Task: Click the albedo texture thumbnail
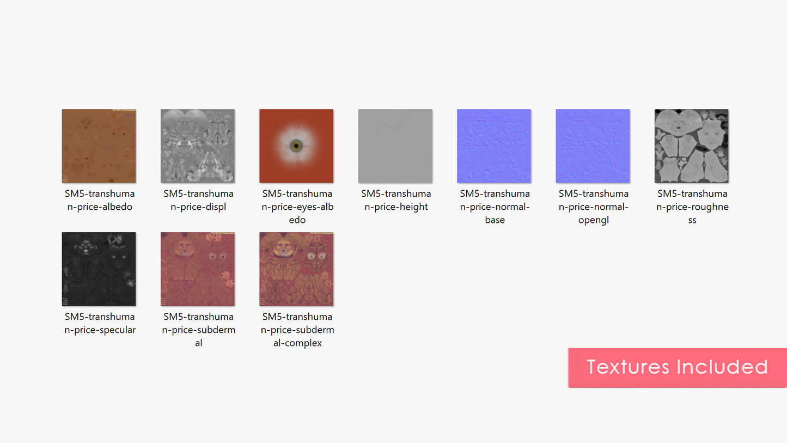[x=99, y=146]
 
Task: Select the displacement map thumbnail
[x=198, y=146]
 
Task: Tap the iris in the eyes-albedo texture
[x=296, y=145]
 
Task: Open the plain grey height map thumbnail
[x=395, y=146]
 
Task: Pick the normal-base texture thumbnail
[x=494, y=146]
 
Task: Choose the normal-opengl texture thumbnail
[x=593, y=146]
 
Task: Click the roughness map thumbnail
[x=692, y=146]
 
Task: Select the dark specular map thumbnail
[x=99, y=269]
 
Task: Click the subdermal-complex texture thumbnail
[x=296, y=269]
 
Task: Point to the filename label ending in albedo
[x=100, y=200]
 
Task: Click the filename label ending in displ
[x=198, y=200]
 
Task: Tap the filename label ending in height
[x=396, y=200]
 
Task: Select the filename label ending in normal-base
[x=495, y=207]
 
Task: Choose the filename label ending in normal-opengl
[x=594, y=207]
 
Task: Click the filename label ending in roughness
[x=692, y=207]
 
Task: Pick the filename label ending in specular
[x=100, y=323]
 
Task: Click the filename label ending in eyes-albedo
[x=297, y=207]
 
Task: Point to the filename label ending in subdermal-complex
[x=297, y=330]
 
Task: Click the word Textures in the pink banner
[x=628, y=367]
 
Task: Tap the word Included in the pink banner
[x=722, y=367]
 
